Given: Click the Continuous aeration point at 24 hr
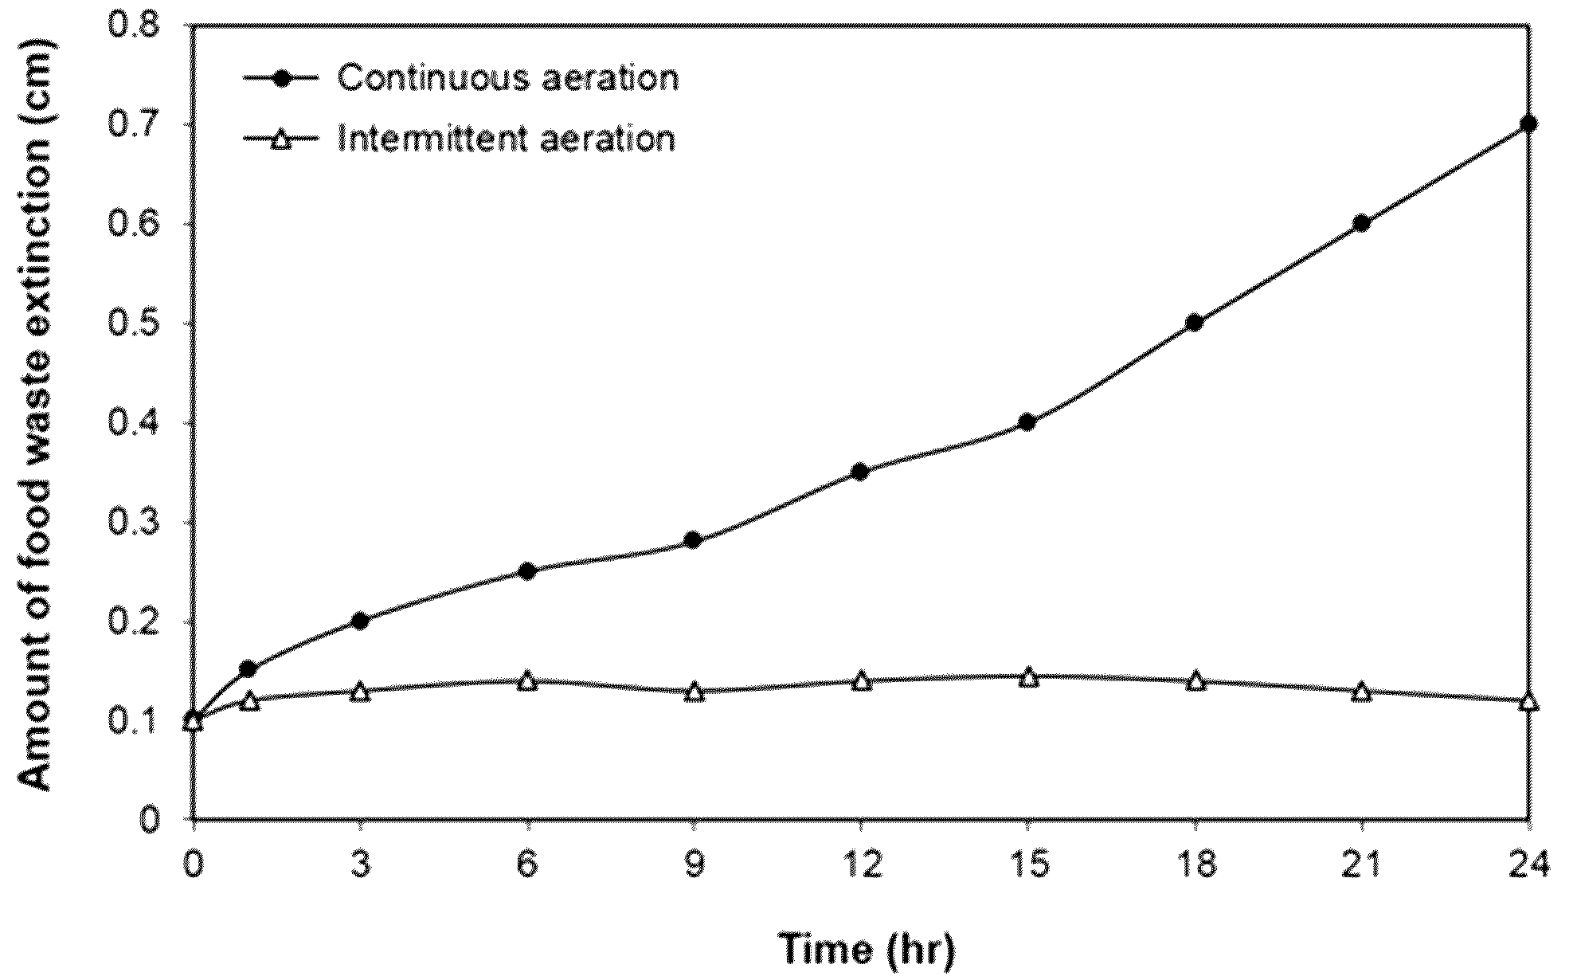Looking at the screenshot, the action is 1528,123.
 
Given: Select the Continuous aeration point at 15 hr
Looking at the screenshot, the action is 1027,422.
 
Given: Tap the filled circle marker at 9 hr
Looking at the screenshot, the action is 693,541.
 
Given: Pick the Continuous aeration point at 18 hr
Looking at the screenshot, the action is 1194,323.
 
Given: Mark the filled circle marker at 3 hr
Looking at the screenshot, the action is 360,621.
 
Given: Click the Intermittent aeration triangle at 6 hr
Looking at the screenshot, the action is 526,680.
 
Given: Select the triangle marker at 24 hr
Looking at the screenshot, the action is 1528,701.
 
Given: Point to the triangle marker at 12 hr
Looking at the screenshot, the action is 861,680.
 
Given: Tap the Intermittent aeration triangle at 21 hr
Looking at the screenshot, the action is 1361,691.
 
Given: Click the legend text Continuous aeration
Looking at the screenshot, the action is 507,79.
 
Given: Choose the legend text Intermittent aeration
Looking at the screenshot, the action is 506,139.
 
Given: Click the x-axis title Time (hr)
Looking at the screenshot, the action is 866,949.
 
